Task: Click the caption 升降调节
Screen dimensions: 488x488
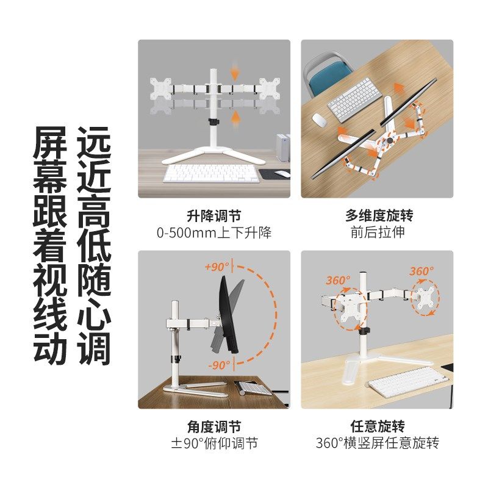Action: (213, 216)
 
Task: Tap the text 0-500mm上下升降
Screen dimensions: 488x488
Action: (213, 232)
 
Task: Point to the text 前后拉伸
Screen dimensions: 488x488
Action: (378, 232)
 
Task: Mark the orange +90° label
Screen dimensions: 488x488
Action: (217, 267)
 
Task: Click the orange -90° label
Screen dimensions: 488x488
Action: (218, 365)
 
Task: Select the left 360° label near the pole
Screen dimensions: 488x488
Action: (338, 281)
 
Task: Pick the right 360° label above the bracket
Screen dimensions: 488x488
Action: (422, 271)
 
